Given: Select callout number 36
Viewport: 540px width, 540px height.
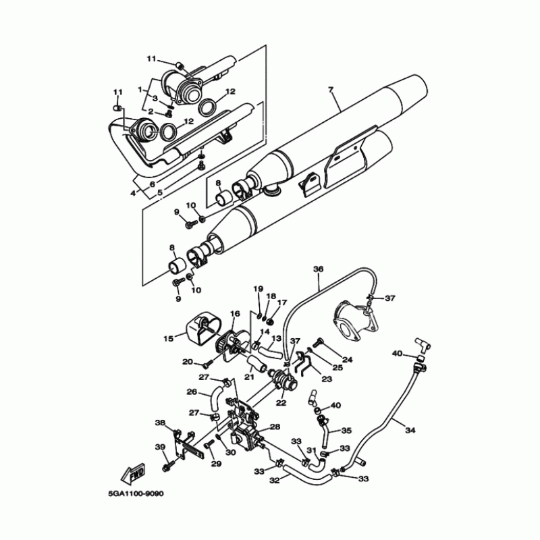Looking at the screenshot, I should (319, 268).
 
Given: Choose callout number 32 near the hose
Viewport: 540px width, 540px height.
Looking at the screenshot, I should (275, 481).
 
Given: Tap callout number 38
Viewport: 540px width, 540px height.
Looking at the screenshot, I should (160, 423).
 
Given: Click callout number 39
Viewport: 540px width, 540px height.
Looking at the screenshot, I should (160, 447).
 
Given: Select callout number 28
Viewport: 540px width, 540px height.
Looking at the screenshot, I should (275, 427).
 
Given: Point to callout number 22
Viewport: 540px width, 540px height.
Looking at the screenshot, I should (281, 403).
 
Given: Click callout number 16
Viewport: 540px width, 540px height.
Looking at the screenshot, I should (235, 313).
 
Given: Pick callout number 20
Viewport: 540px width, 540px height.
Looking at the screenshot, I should (188, 362).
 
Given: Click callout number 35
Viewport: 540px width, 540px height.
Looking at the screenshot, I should (346, 430).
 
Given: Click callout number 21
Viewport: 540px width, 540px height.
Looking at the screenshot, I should (249, 377).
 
